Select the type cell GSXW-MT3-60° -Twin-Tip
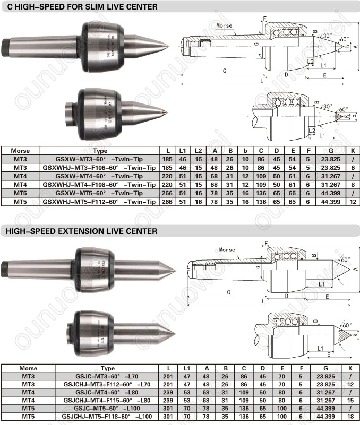(x=99, y=159)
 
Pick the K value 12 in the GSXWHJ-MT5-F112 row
(x=353, y=202)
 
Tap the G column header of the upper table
(x=331, y=151)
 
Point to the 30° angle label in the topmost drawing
(x=328, y=36)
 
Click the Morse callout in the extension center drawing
(x=227, y=249)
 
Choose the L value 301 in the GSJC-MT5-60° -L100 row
(x=168, y=408)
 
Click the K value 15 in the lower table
(x=350, y=401)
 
